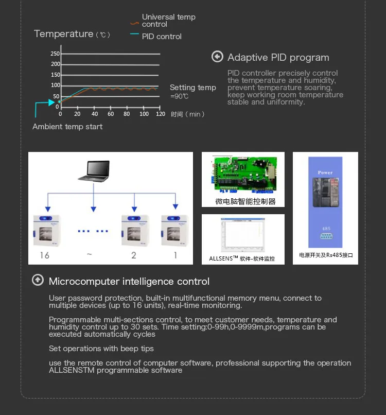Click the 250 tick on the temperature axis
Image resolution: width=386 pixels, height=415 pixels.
tap(55, 54)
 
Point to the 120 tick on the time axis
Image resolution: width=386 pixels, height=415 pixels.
tap(161, 114)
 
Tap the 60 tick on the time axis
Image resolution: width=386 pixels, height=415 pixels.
tap(111, 114)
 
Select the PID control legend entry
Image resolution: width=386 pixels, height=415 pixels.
tap(161, 37)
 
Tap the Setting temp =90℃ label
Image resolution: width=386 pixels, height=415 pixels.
tap(192, 92)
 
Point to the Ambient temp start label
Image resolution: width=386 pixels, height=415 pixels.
tap(67, 127)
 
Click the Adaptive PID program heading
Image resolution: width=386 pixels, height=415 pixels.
tap(278, 58)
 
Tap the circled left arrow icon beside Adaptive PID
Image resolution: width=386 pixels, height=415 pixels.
tap(217, 57)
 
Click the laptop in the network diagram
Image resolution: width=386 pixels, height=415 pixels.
tap(94, 171)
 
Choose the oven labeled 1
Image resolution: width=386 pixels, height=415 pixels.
tap(175, 230)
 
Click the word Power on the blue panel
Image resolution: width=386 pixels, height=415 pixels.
tap(325, 173)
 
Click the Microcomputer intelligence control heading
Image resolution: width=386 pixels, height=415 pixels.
tap(129, 282)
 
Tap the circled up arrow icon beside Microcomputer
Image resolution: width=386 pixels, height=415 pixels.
tap(38, 281)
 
